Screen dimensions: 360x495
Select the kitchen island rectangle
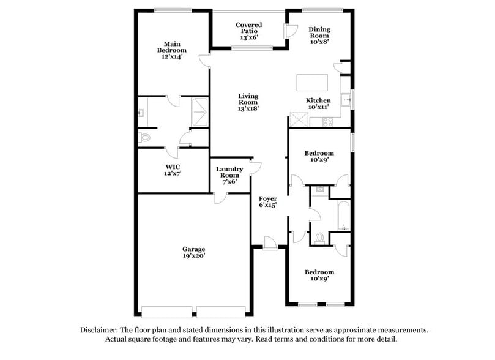(x=312, y=82)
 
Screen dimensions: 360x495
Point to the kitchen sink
(x=346, y=99)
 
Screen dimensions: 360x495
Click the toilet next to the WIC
(x=144, y=138)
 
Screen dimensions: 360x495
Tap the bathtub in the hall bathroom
(x=341, y=216)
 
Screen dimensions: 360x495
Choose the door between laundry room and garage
(x=220, y=197)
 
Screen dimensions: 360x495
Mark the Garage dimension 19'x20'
(x=193, y=257)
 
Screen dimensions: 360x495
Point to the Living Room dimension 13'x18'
(x=248, y=108)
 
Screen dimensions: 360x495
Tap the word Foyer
(x=268, y=198)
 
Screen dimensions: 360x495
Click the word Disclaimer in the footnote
(x=100, y=330)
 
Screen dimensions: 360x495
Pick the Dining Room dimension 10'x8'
(x=319, y=42)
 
